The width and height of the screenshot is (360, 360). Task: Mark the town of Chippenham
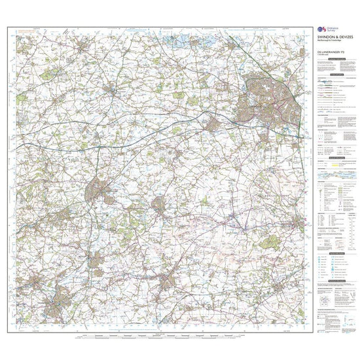[98, 190]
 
